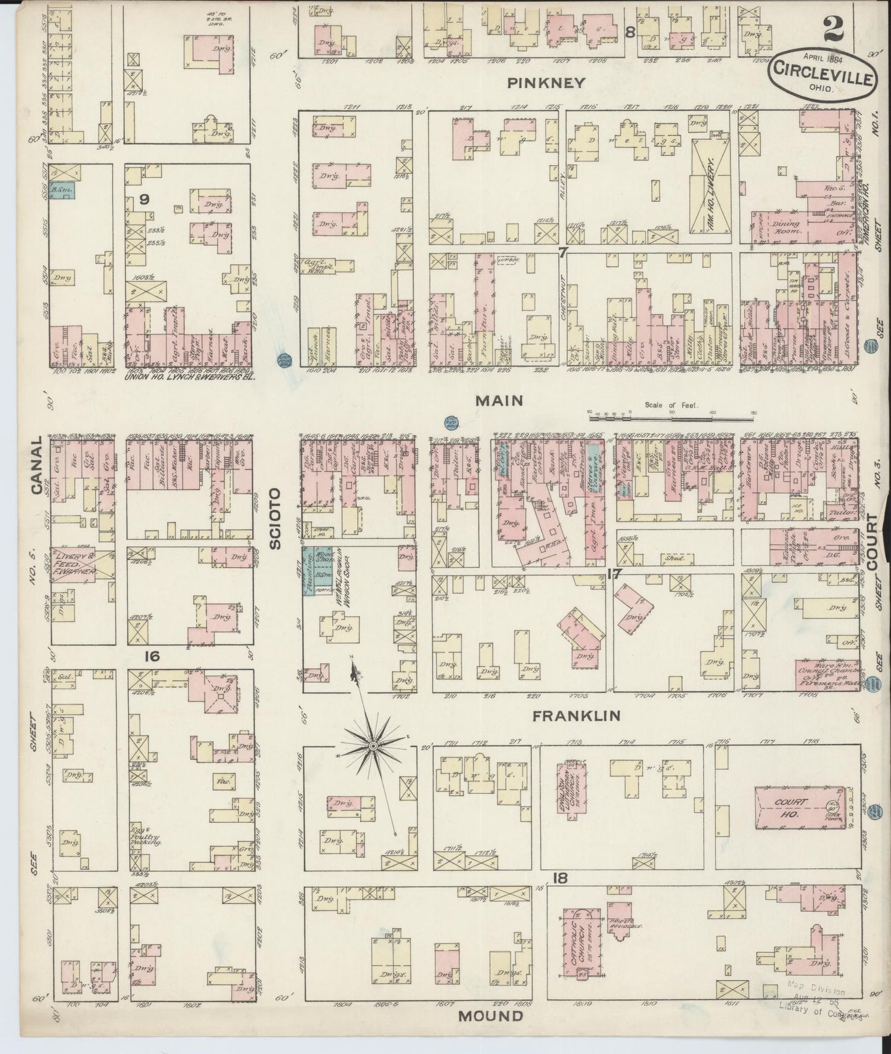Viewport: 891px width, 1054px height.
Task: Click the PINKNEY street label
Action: point(546,83)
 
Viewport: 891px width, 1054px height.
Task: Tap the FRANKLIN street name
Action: point(577,716)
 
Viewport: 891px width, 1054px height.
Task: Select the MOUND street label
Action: point(491,1016)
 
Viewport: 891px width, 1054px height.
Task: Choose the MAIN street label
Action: point(499,401)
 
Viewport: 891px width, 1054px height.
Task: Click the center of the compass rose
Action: point(372,746)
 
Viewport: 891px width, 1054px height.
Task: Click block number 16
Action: point(152,657)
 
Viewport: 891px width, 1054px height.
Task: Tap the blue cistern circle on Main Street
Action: point(451,422)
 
